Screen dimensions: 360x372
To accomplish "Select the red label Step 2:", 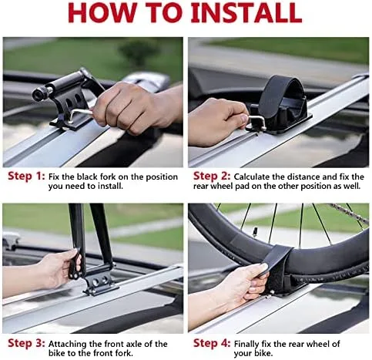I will [x=211, y=176].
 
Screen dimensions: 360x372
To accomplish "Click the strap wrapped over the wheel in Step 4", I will [x=273, y=266].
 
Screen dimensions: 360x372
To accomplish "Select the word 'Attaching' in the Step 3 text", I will [x=70, y=343].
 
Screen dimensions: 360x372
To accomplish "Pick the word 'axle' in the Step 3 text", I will [x=136, y=343].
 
